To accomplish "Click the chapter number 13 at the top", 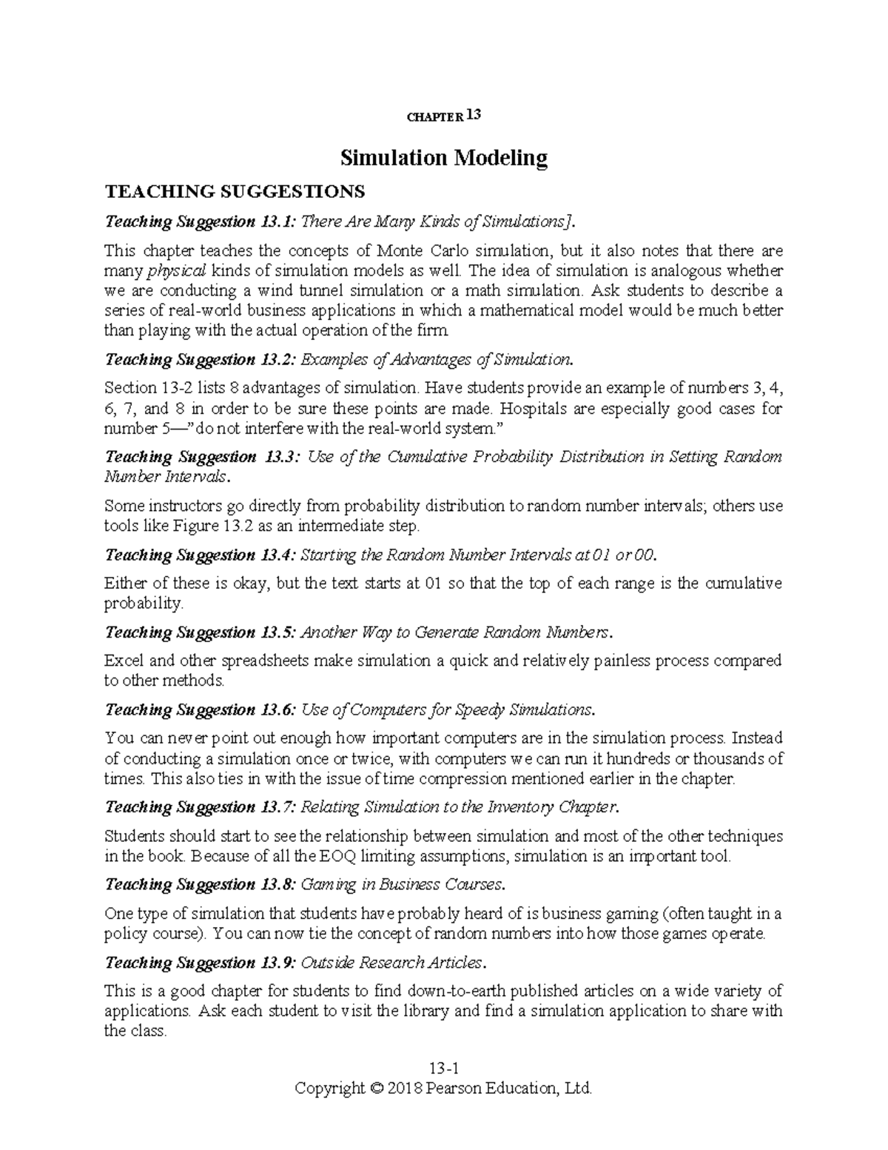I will pos(474,115).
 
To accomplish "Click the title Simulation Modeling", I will pos(443,158).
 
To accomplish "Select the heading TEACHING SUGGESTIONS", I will pos(235,193).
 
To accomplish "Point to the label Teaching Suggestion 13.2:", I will pos(201,359).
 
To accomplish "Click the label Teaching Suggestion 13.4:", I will pos(201,555).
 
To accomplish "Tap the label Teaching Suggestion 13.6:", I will pos(201,709).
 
